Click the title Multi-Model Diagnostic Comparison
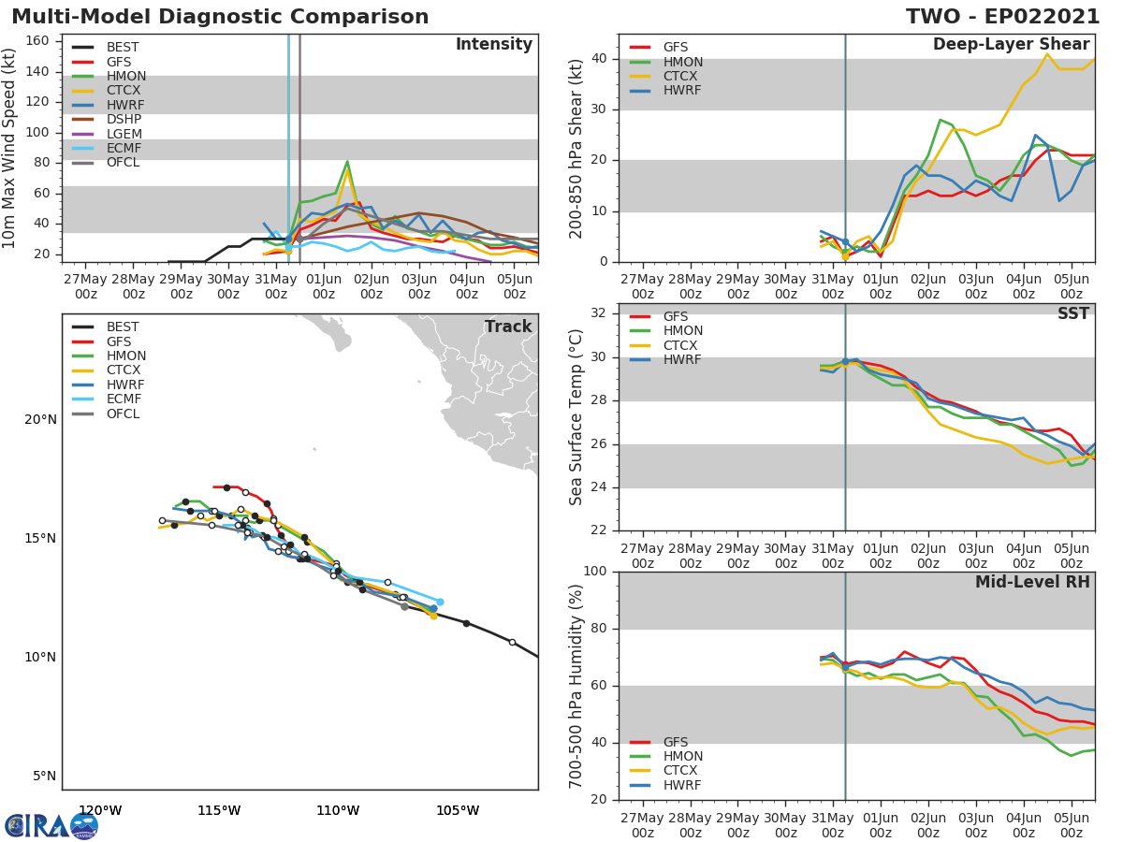220,17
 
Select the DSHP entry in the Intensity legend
124,120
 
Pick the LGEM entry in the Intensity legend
124,134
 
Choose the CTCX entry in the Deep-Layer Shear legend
683,77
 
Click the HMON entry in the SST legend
683,331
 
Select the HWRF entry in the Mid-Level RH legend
683,785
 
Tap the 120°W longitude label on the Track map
99,810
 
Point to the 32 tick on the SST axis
600,313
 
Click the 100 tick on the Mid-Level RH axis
596,572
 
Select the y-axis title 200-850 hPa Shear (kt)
576,148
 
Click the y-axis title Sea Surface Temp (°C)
576,416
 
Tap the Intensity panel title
493,45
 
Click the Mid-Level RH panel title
1031,583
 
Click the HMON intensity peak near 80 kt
347,161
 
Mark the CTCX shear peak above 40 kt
1047,53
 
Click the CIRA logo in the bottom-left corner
51,826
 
